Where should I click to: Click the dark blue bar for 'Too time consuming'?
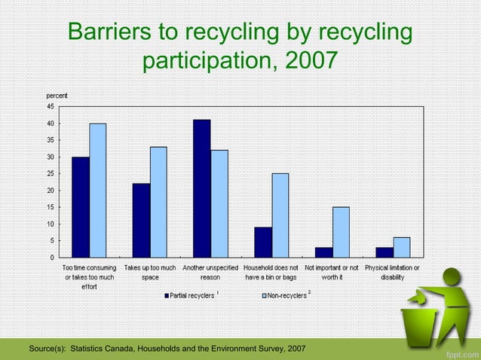coord(81,207)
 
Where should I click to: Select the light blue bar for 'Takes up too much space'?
coord(158,202)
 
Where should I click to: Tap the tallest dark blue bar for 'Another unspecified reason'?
coord(201,188)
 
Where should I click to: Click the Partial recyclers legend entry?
coord(189,295)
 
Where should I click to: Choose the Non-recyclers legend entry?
coord(283,295)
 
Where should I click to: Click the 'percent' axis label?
coord(57,96)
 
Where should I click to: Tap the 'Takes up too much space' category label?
coord(150,272)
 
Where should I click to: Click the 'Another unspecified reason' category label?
coord(210,272)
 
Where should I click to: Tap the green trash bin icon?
coord(427,320)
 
